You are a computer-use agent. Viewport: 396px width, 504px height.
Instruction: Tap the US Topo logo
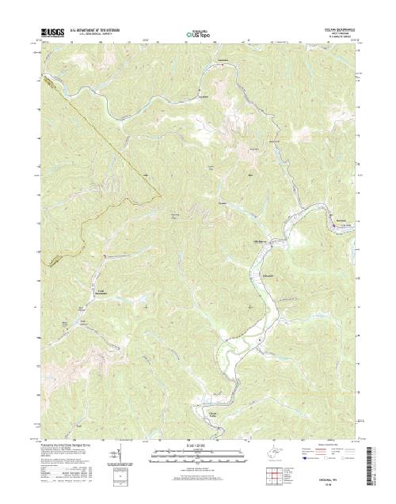click(x=198, y=34)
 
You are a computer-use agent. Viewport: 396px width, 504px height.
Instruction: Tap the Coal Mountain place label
click(x=102, y=292)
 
